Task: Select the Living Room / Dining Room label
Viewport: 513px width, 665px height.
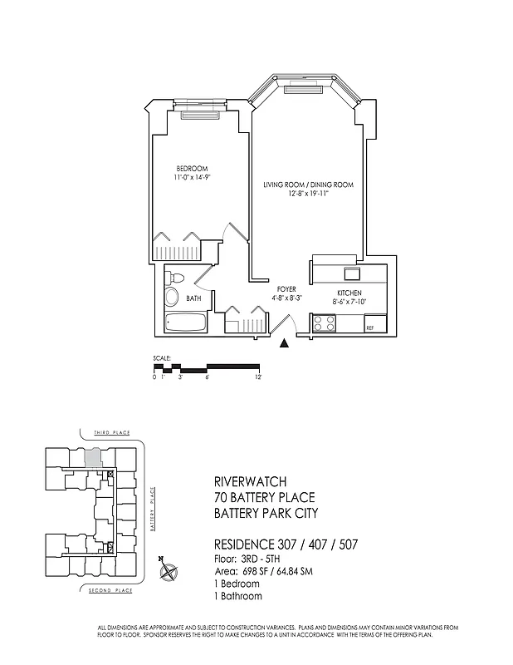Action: pos(308,185)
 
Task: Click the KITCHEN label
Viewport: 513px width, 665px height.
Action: pos(349,293)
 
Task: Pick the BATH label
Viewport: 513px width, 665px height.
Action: pos(193,298)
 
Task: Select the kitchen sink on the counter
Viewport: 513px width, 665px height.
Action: pos(352,273)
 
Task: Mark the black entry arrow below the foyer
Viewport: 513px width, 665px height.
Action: pos(285,342)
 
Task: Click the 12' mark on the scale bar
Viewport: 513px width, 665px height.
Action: pos(259,377)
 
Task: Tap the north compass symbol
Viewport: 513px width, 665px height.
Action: pos(169,571)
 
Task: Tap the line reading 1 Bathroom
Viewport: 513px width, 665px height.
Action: pos(238,596)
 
